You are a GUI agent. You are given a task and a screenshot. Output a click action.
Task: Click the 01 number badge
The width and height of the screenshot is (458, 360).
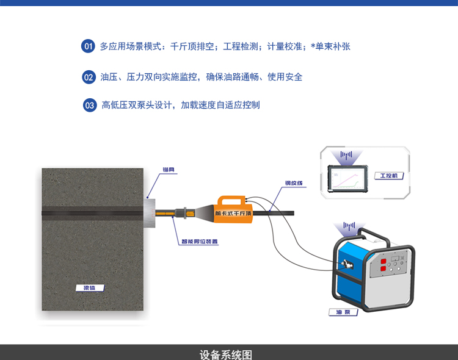(89, 46)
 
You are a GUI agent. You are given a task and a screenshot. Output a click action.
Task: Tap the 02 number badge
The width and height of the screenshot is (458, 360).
(89, 77)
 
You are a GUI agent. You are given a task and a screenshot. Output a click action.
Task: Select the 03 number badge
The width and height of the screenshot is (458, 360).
(90, 105)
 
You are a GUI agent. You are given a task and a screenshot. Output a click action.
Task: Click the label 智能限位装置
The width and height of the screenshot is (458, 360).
(199, 241)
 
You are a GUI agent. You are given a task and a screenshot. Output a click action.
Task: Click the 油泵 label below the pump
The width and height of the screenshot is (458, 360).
(343, 312)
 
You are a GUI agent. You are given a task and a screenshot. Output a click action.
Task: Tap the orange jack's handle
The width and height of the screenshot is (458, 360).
(233, 199)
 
